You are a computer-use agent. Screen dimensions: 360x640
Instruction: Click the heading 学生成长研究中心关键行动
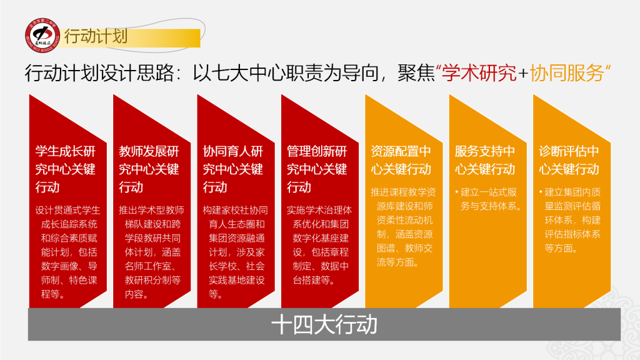pos(66,169)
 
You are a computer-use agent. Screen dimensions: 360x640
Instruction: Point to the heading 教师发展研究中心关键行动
pos(149,169)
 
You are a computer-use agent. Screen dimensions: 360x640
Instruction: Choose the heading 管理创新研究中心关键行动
pos(317,169)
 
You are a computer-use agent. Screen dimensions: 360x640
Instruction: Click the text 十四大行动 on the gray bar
pos(324,325)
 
